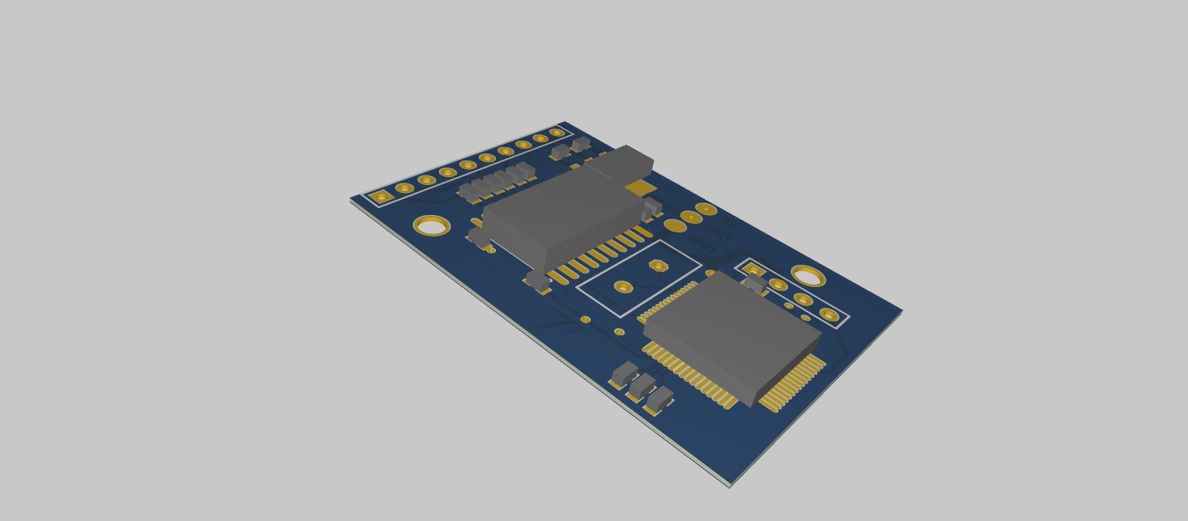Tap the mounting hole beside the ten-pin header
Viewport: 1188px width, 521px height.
[x=432, y=227]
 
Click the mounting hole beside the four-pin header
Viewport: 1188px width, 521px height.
[x=808, y=275]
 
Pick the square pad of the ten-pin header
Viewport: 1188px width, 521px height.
[x=382, y=195]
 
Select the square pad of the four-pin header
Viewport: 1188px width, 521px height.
[x=753, y=271]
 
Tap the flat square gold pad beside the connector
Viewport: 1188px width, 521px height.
[x=639, y=187]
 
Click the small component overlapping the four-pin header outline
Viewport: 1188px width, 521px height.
[x=755, y=284]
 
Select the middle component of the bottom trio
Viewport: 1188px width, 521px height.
[x=641, y=387]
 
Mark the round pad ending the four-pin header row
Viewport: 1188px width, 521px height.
[x=828, y=315]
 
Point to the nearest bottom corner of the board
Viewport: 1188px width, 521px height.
[x=728, y=484]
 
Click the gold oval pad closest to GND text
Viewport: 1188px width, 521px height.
[x=675, y=226]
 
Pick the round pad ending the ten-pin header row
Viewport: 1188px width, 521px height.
[x=558, y=133]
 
